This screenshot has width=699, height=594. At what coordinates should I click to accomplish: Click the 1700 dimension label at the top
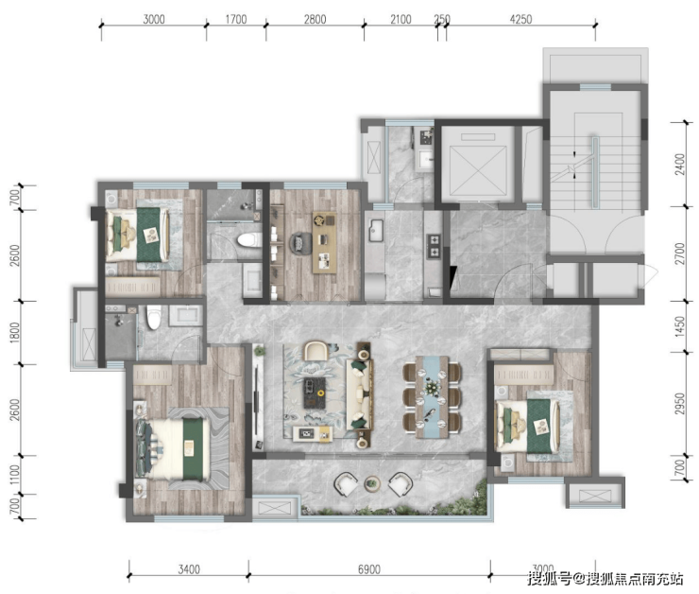(x=236, y=19)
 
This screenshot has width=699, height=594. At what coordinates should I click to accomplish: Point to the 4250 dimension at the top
(x=520, y=19)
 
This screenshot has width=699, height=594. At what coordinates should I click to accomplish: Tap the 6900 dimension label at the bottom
(x=369, y=569)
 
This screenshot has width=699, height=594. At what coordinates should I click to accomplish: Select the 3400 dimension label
(x=189, y=569)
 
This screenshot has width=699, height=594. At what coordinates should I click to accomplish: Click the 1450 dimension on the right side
(x=679, y=326)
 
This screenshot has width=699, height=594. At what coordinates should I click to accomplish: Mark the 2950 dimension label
(x=679, y=404)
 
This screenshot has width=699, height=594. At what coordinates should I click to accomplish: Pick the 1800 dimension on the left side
(x=15, y=333)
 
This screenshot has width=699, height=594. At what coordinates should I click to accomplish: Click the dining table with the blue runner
(x=432, y=396)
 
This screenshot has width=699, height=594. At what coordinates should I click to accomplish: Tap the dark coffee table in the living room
(x=315, y=393)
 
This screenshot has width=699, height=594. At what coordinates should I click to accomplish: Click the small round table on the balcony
(x=372, y=483)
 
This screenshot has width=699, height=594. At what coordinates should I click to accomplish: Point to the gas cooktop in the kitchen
(x=434, y=246)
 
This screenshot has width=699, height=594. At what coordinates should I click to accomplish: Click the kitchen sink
(x=376, y=230)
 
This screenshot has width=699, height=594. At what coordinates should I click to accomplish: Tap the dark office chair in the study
(x=300, y=244)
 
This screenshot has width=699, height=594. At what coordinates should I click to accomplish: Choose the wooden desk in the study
(x=325, y=242)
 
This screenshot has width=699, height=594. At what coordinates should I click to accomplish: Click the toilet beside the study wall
(x=249, y=239)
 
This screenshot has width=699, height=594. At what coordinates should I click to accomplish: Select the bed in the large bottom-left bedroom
(x=175, y=448)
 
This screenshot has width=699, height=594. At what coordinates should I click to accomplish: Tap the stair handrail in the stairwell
(x=595, y=173)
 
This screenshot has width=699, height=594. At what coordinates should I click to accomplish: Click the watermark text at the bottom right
(x=605, y=578)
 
